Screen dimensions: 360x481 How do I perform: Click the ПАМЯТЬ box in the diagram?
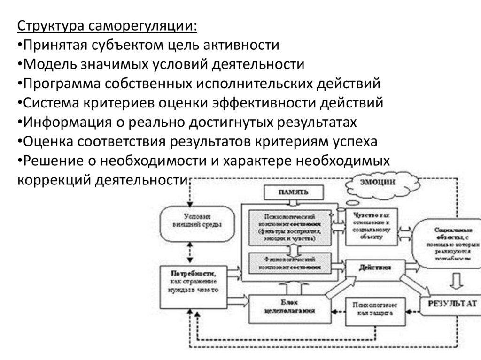coord(294,192)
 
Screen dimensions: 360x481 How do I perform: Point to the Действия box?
coord(375,268)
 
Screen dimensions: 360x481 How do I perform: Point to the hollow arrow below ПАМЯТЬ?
coord(294,202)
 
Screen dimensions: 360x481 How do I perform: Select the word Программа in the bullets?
coord(60,84)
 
